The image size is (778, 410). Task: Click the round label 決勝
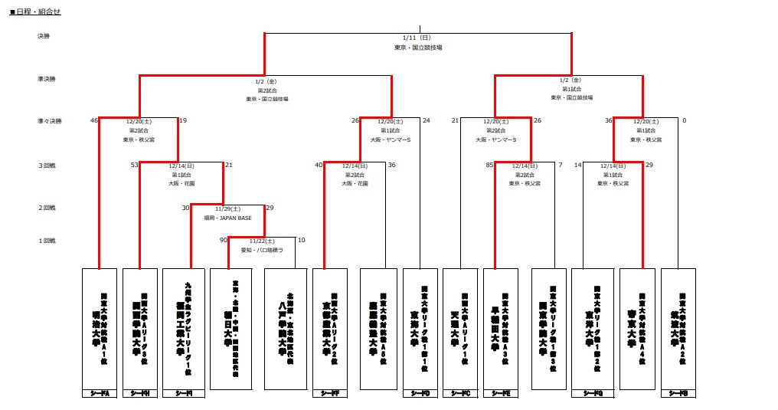pos(43,36)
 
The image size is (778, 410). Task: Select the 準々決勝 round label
pos(49,120)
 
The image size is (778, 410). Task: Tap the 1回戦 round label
pos(46,241)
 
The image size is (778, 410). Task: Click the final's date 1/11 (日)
pos(417,37)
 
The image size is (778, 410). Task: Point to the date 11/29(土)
pos(227,208)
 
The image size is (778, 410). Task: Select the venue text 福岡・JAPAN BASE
pos(227,218)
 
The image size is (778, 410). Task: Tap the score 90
pos(224,241)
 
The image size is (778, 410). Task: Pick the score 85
pos(489,165)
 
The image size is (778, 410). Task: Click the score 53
pos(134,165)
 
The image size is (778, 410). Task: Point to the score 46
pos(93,120)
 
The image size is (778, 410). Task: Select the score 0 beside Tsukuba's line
pos(684,120)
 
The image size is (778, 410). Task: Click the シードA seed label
pos(100,393)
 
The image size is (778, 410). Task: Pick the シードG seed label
pos(592,393)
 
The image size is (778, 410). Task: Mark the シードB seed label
pos(678,393)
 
